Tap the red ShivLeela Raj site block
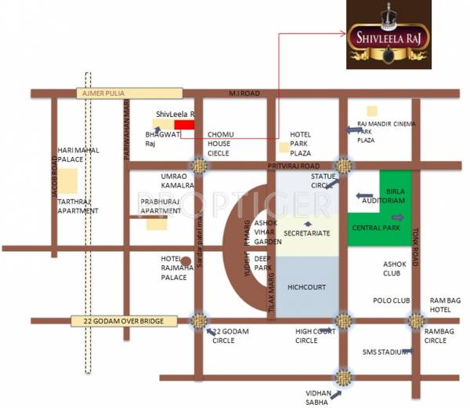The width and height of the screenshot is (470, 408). click(184, 124)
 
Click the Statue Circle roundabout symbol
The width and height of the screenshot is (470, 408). click(342, 166)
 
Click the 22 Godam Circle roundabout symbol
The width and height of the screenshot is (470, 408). click(199, 320)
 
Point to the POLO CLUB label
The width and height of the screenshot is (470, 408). click(391, 301)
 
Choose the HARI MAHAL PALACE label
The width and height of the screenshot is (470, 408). click(75, 154)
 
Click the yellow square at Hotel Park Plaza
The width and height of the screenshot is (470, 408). click(283, 148)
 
